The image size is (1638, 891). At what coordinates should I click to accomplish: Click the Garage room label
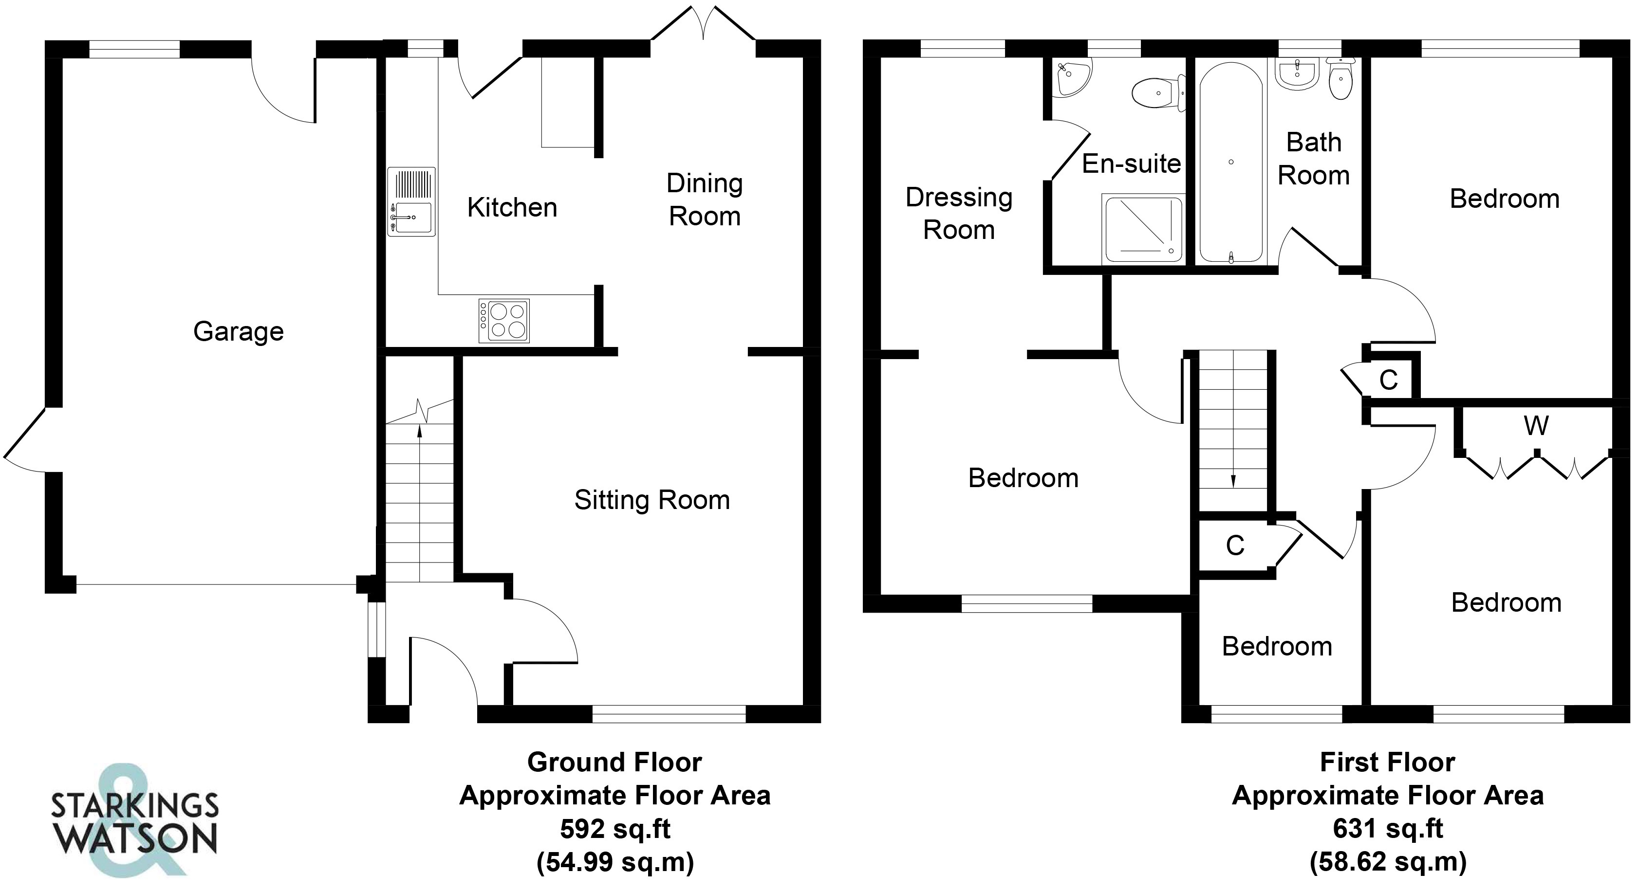pos(239,332)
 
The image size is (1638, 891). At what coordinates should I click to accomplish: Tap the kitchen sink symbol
pos(411,201)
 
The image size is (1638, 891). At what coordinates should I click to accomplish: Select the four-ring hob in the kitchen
pos(503,320)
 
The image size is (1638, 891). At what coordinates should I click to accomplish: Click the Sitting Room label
pos(652,500)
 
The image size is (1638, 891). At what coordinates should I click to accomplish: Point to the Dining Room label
pos(705,200)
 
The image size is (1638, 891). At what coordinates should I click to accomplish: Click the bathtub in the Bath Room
pos(1231,163)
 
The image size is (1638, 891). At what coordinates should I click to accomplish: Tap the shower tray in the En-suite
pos(1144,229)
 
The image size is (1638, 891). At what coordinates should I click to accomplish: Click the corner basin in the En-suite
pos(1071,77)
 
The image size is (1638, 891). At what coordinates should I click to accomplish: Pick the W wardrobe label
pos(1536,426)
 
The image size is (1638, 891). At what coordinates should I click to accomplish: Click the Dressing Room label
pos(959,214)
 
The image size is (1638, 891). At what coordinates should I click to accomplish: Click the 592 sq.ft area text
pos(615,829)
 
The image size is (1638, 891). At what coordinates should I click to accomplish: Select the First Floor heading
pos(1387,762)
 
